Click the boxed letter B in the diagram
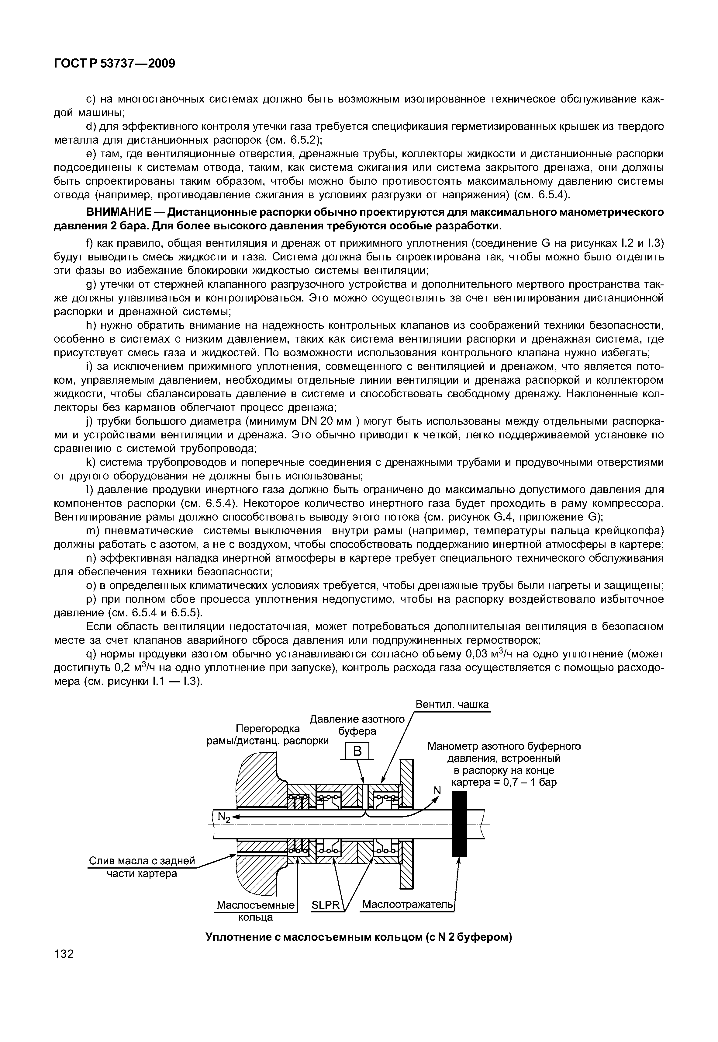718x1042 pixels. tap(357, 751)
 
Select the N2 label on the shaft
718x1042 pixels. tap(223, 817)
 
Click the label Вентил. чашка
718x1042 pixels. tap(452, 704)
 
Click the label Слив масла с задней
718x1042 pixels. tap(142, 861)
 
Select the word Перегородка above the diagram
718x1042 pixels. tap(268, 729)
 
